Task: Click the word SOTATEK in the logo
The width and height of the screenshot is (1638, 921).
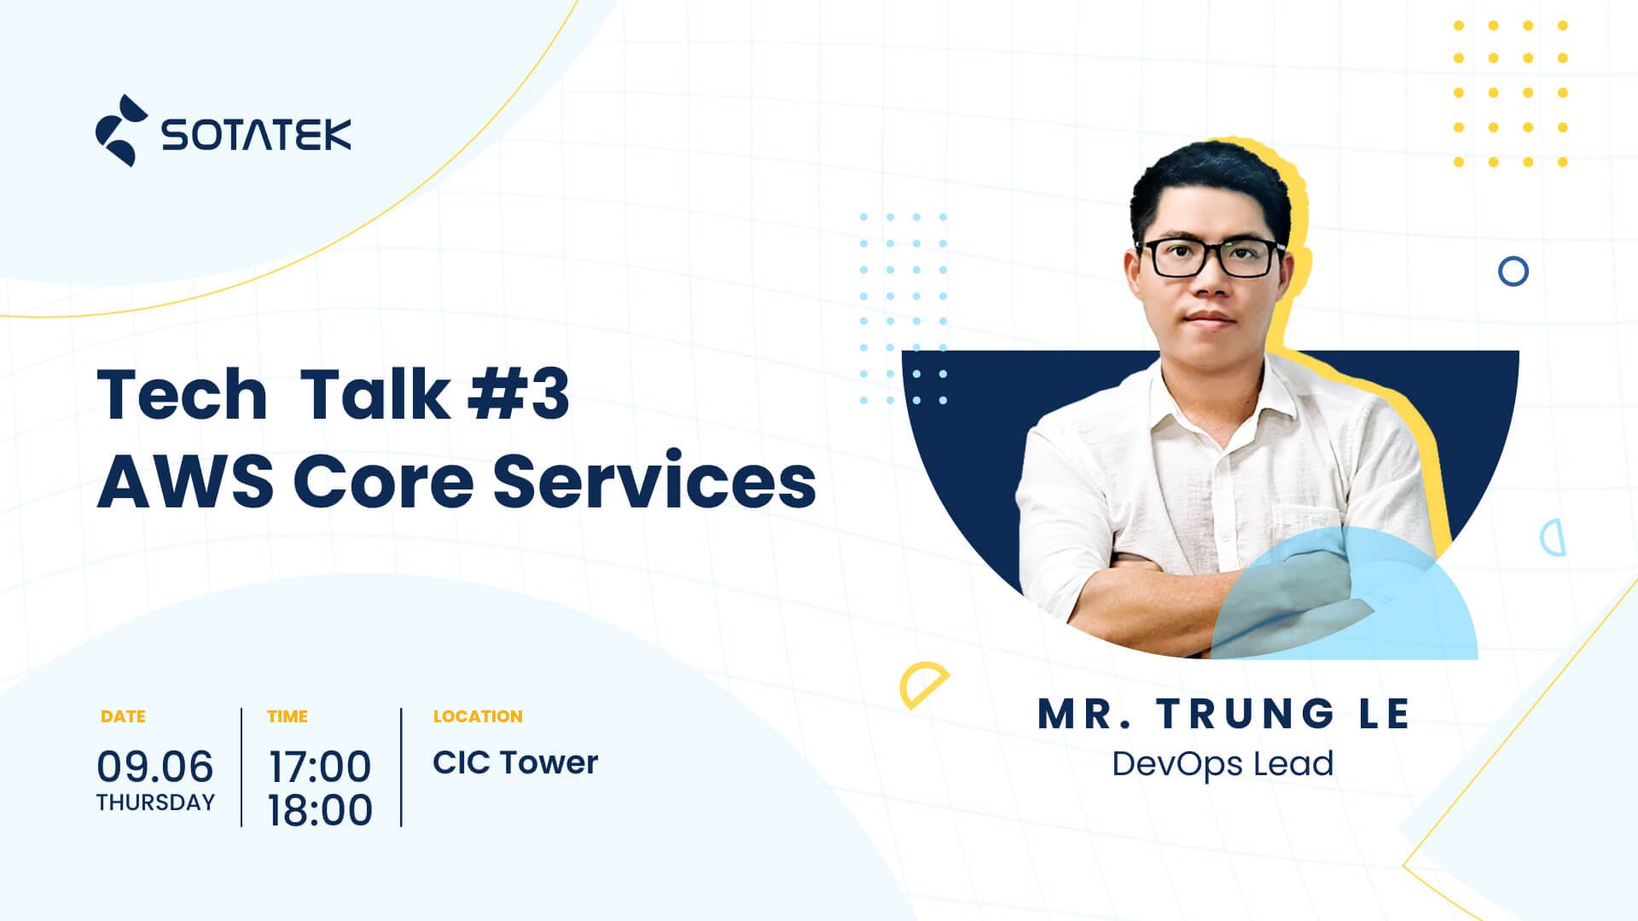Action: [x=256, y=135]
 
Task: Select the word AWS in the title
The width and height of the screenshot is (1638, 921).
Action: [x=185, y=481]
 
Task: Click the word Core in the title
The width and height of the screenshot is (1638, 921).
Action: [x=383, y=481]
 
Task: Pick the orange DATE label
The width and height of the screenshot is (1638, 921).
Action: [x=123, y=716]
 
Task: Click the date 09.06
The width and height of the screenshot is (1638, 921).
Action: [x=155, y=766]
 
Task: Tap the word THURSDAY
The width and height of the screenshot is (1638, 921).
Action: [x=155, y=802]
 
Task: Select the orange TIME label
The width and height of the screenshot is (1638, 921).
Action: [x=288, y=716]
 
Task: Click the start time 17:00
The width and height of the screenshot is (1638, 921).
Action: [x=320, y=766]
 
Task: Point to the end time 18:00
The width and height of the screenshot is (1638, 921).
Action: [x=320, y=809]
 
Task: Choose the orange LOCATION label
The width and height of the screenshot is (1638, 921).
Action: [x=478, y=716]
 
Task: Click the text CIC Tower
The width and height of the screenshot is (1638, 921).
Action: [x=515, y=762]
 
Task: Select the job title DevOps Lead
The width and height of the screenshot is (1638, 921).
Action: [x=1223, y=763]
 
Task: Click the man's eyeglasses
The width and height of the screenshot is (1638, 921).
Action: [x=1211, y=258]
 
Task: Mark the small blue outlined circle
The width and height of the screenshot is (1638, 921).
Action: [x=1513, y=272]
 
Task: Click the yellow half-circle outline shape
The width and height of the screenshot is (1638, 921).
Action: [x=922, y=684]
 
